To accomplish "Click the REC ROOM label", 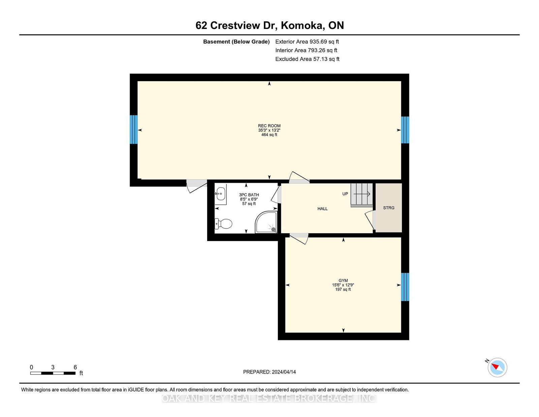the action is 269,126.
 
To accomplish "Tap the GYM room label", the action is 343,280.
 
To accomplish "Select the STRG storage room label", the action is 389,208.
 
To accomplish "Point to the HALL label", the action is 322,209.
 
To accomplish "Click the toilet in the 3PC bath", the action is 223,224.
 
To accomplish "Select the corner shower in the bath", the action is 266,222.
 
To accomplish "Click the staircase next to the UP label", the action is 362,195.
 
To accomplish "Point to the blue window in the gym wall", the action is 405,287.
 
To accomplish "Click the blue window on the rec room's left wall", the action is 134,129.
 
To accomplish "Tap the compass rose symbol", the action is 497,367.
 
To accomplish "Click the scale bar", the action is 53,373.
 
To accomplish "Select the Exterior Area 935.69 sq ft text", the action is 307,42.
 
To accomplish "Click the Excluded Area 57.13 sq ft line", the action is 307,59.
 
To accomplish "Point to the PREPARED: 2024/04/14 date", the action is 269,372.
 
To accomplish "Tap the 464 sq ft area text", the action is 269,135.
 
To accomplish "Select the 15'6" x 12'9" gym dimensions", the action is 343,285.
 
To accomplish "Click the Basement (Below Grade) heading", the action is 236,42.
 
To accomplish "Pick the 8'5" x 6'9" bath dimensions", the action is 249,199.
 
